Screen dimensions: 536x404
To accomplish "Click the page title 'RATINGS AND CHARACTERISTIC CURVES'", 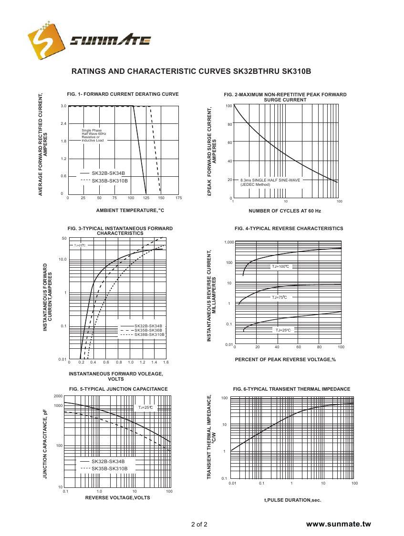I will click(x=152, y=71).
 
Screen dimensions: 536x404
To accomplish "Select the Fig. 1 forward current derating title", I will click(x=123, y=94).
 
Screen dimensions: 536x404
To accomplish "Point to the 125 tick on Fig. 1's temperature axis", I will click(x=146, y=198).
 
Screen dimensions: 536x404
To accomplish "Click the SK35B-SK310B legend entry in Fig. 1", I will click(x=110, y=181).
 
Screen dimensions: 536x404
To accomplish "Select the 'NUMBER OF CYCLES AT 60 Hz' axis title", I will click(x=285, y=211).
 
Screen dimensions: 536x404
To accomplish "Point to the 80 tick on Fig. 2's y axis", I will click(x=229, y=124).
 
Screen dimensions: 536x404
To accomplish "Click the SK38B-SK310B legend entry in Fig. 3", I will click(x=149, y=334).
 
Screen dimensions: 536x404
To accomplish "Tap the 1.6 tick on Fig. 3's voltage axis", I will click(x=166, y=363).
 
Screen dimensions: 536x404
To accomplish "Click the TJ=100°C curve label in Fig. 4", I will click(x=280, y=266).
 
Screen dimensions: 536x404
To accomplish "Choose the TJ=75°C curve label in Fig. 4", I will click(x=280, y=297).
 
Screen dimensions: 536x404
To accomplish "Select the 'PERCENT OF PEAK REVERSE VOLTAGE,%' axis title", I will click(x=285, y=359).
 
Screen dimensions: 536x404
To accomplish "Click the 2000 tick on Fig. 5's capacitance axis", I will click(x=58, y=396).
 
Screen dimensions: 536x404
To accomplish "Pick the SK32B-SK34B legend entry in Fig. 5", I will click(x=108, y=461).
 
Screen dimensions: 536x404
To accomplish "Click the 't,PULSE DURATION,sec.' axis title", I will click(x=292, y=500).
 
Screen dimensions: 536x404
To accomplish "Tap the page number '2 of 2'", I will click(x=199, y=525).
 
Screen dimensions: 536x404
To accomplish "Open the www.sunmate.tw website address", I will click(x=338, y=524).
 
